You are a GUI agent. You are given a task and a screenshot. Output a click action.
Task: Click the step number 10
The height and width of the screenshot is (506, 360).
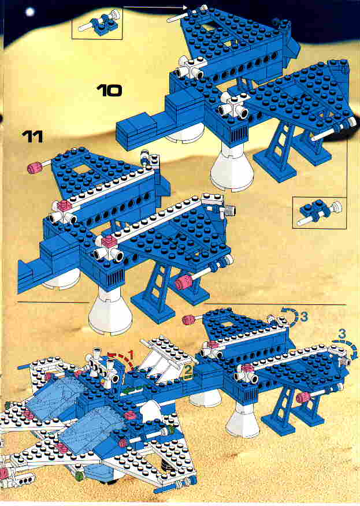coord(110,91)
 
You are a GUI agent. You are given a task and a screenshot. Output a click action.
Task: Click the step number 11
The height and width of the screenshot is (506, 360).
coord(33,137)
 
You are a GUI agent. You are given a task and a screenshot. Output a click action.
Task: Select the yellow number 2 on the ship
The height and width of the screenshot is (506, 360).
coord(188,370)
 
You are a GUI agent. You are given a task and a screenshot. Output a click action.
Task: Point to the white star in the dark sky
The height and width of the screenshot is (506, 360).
coord(29,12)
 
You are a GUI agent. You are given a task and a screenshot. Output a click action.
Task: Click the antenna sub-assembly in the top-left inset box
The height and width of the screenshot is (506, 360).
coord(98,23)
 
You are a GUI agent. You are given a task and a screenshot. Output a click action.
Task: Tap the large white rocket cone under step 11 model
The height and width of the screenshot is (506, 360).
coord(110,311)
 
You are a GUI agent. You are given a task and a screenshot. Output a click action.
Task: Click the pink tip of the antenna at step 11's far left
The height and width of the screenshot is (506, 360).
coord(34,168)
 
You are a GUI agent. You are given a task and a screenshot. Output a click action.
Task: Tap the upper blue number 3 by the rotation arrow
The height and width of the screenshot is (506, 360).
coord(303,317)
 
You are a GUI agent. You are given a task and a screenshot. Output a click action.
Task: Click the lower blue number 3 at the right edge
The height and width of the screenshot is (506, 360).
coord(342,334)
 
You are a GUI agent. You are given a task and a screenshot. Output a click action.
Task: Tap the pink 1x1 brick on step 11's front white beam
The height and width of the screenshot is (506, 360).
coord(108,241)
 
